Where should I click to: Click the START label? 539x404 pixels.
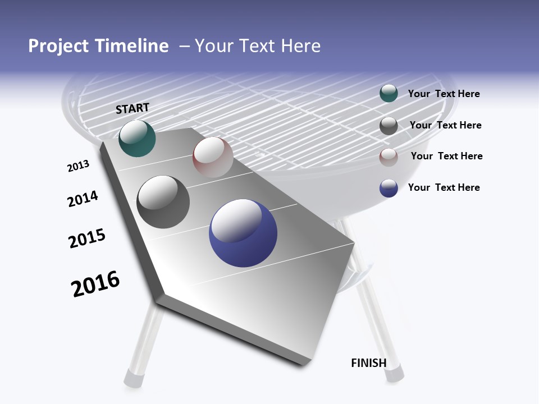pyautogui.click(x=133, y=108)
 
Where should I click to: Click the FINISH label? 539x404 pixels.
pyautogui.click(x=368, y=363)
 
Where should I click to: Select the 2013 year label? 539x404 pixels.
pyautogui.click(x=78, y=166)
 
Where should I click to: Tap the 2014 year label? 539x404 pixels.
pyautogui.click(x=83, y=199)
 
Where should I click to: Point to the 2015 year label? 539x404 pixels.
pyautogui.click(x=87, y=238)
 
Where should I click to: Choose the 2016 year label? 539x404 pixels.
pyautogui.click(x=95, y=284)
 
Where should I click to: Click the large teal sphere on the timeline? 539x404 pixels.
pyautogui.click(x=137, y=139)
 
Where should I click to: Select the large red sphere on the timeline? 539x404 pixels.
pyautogui.click(x=213, y=157)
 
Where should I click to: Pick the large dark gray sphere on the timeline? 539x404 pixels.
pyautogui.click(x=163, y=202)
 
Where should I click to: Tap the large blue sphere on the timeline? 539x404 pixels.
pyautogui.click(x=243, y=233)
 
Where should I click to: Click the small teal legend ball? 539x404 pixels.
pyautogui.click(x=389, y=94)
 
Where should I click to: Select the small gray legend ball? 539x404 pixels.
pyautogui.click(x=389, y=126)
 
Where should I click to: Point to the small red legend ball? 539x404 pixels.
pyautogui.click(x=389, y=157)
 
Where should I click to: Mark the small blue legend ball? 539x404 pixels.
pyautogui.click(x=389, y=188)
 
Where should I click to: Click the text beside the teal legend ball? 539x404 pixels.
pyautogui.click(x=444, y=94)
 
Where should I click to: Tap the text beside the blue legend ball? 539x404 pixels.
pyautogui.click(x=444, y=187)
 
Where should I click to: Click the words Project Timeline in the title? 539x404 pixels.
pyautogui.click(x=98, y=46)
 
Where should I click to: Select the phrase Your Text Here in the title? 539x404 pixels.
pyautogui.click(x=258, y=46)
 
